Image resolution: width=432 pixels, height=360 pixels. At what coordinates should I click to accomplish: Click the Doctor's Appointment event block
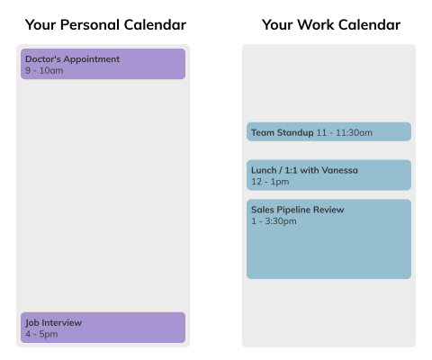[x=103, y=64]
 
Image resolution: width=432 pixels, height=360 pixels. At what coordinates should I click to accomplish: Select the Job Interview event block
[x=103, y=328]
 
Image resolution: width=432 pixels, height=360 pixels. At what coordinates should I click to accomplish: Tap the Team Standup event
[x=328, y=132]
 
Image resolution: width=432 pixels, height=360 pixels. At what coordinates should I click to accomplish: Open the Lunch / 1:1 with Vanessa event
[x=328, y=175]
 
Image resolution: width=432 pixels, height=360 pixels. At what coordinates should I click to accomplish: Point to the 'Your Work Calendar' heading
[x=331, y=25]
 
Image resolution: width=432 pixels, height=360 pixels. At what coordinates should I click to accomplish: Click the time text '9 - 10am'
[x=44, y=70]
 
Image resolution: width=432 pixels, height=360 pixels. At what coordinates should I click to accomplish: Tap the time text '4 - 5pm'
[x=41, y=334]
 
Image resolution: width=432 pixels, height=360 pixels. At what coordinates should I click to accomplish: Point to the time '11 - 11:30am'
[x=344, y=133]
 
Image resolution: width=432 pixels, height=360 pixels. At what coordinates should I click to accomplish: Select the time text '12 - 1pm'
[x=270, y=182]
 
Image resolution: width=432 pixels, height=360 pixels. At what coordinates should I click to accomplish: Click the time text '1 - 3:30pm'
[x=274, y=221]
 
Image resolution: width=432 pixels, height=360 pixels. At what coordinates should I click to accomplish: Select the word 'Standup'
[x=294, y=133]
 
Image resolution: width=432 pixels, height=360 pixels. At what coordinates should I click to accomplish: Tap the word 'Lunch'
[x=264, y=170]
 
